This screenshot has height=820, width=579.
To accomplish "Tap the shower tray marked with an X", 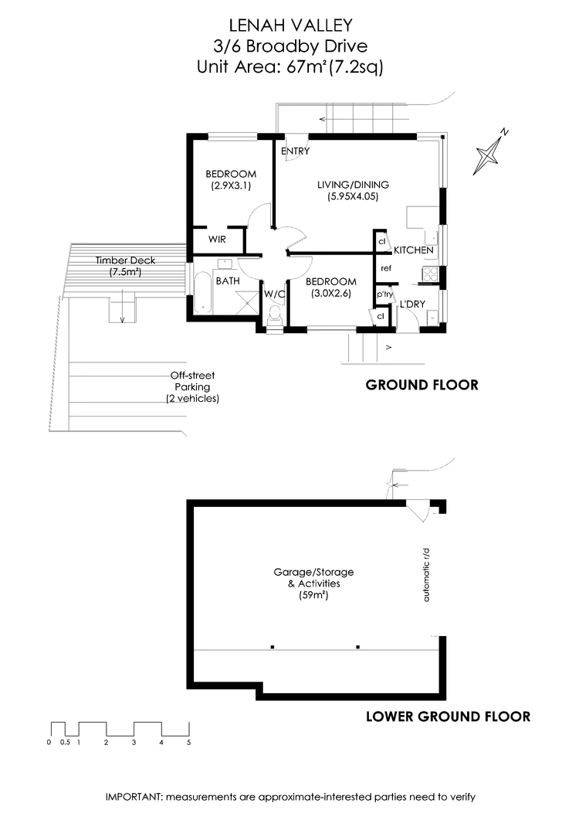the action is (247, 301).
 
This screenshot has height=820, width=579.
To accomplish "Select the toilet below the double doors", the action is (274, 318).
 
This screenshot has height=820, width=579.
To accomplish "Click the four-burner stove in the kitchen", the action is (430, 273).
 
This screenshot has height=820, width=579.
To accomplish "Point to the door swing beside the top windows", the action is (296, 148).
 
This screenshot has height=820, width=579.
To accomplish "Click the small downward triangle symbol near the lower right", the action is (423, 512).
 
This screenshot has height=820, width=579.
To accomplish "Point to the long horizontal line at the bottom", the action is (317, 652).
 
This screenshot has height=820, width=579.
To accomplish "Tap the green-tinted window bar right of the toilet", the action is (333, 329).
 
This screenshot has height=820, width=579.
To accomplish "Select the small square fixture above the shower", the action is (225, 264).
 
